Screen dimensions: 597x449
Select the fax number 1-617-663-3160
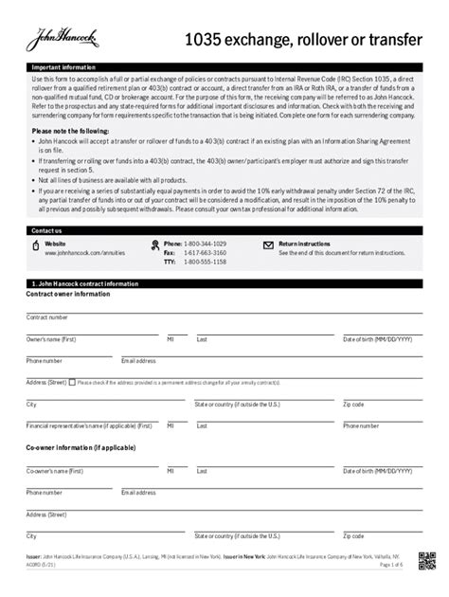tap(207, 254)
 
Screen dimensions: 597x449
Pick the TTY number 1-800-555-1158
tap(207, 262)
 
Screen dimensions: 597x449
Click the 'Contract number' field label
tap(46, 317)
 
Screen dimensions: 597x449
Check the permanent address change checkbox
tap(72, 382)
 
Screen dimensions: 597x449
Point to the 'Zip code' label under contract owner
tap(353, 404)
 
